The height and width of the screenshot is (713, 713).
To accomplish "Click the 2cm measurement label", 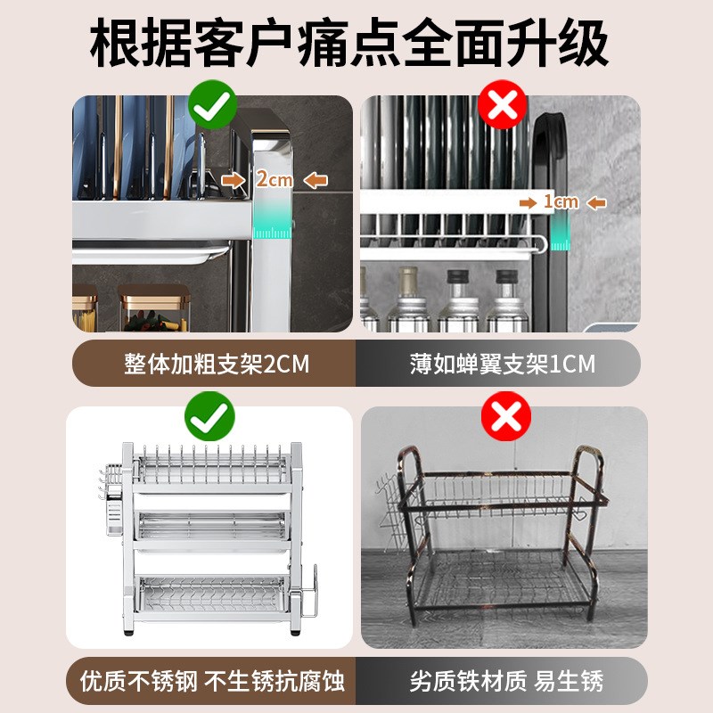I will click(x=274, y=179).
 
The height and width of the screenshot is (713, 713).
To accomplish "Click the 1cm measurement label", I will click(x=561, y=202).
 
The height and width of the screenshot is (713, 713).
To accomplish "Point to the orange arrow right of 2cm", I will click(x=315, y=180).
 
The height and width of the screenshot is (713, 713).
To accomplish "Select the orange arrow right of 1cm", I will click(x=596, y=203).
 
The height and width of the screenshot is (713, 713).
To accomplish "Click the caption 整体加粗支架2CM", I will click(x=214, y=364).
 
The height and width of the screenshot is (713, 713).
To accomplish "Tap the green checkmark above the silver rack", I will click(x=209, y=416).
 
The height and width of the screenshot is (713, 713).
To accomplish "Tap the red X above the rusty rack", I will click(x=504, y=416).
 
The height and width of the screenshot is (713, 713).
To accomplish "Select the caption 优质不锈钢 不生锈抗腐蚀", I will click(x=212, y=682).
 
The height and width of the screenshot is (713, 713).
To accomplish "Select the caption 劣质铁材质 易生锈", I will click(x=505, y=682).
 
